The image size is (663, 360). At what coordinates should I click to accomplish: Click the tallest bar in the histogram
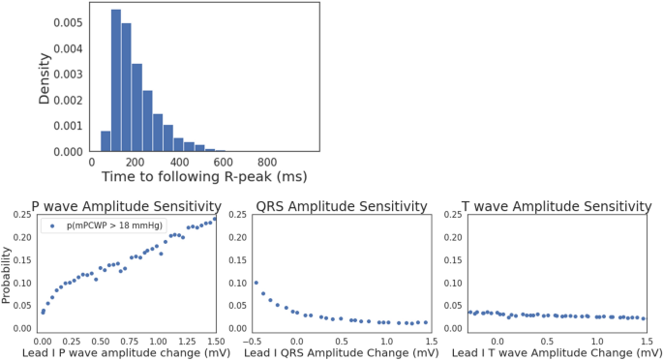pos(116,81)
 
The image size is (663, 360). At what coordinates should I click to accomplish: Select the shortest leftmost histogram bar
pos(105,141)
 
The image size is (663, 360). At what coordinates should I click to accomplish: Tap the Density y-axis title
pos(45,77)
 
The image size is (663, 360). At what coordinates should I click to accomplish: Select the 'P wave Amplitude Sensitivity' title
pos(126,206)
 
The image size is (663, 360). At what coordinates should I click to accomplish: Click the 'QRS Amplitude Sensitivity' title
pos(341,206)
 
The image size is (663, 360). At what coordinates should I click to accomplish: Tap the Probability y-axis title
pos(10,271)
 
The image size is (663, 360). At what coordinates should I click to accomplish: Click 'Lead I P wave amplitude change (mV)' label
pos(123,353)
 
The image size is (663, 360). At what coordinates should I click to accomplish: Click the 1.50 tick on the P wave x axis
pos(215,342)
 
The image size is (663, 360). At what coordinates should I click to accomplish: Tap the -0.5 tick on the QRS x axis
pos(255,342)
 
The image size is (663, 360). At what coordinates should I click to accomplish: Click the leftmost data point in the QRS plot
pos(256,283)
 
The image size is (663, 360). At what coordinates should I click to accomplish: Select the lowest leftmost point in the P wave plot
pos(43,313)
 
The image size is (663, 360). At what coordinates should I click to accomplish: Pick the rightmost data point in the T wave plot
pos(644,318)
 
